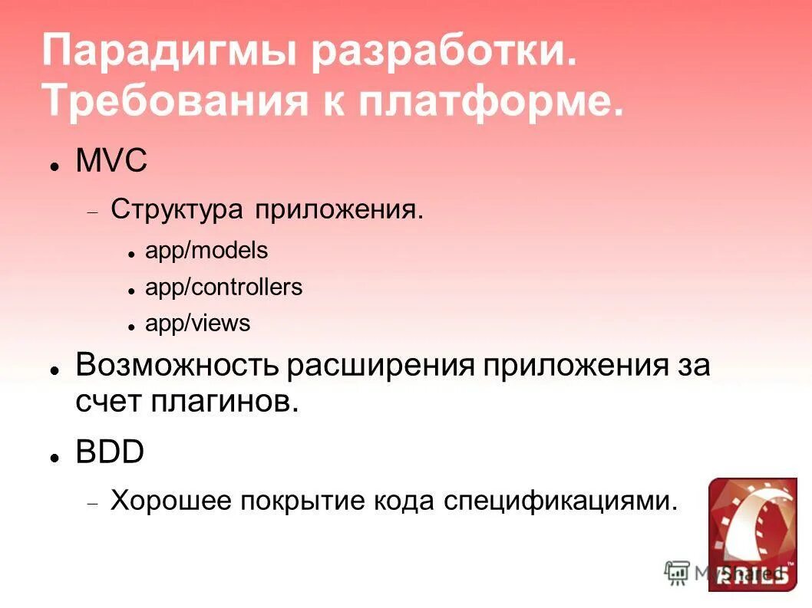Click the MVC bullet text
[x=111, y=163]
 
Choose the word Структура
[x=177, y=209]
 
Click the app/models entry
[x=206, y=250]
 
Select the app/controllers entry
[x=224, y=288]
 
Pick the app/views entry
[x=198, y=324]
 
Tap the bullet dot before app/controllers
[x=131, y=291]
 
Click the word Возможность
[x=177, y=364]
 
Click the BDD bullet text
[x=110, y=452]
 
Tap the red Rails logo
[x=748, y=534]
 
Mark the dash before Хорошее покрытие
[x=93, y=505]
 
